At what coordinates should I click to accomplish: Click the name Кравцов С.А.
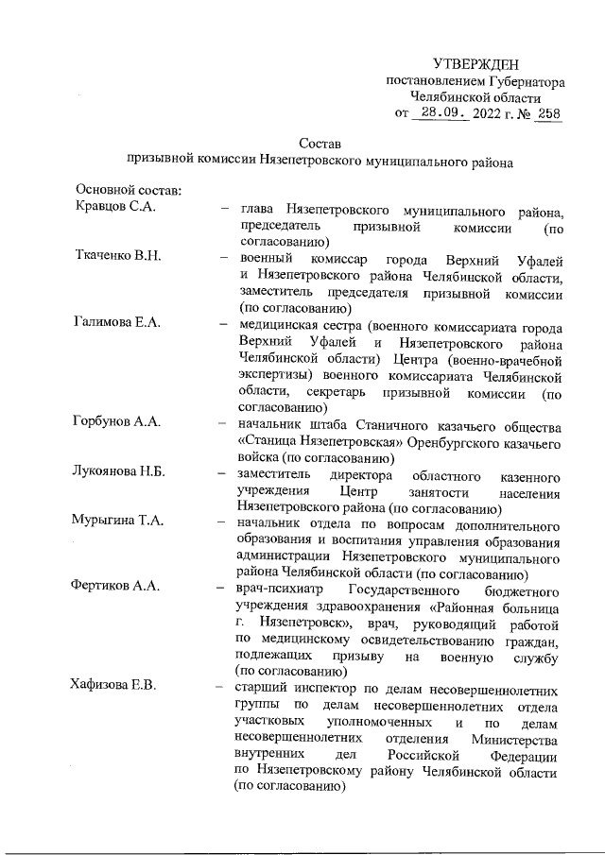click(x=114, y=208)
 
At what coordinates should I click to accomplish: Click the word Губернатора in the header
click(x=519, y=81)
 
